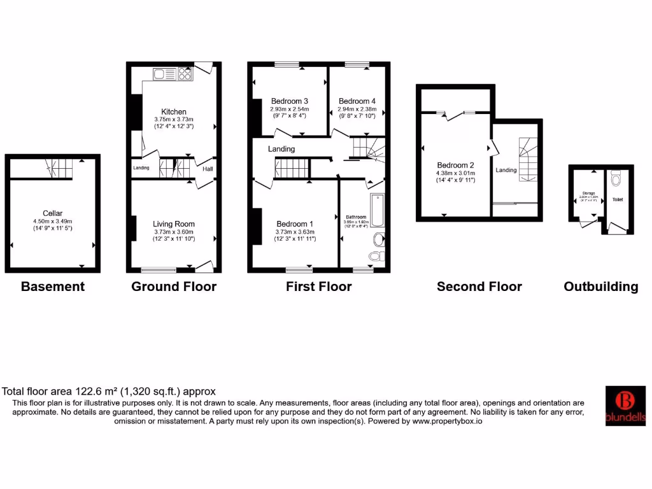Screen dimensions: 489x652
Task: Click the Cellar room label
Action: (x=52, y=213)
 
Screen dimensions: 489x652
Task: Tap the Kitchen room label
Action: (x=174, y=111)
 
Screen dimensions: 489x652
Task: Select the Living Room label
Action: (x=174, y=223)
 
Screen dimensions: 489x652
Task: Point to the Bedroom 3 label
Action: (x=290, y=101)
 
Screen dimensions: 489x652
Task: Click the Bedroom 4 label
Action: (x=357, y=101)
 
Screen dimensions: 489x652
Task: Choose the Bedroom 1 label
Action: (x=295, y=223)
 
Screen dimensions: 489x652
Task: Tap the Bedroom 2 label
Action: (x=455, y=164)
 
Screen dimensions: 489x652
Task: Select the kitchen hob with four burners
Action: (x=185, y=74)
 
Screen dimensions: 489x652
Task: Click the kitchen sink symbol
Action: (x=160, y=74)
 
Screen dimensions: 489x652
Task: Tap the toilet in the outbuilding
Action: (x=616, y=179)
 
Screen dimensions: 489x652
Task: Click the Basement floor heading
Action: (x=53, y=287)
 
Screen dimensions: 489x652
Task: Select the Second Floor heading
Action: (x=479, y=287)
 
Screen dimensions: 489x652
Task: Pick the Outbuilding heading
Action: (x=600, y=287)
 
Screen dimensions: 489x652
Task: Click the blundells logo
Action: (x=625, y=406)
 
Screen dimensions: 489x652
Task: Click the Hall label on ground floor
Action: (x=208, y=169)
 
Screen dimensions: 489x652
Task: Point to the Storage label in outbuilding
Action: (x=588, y=193)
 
